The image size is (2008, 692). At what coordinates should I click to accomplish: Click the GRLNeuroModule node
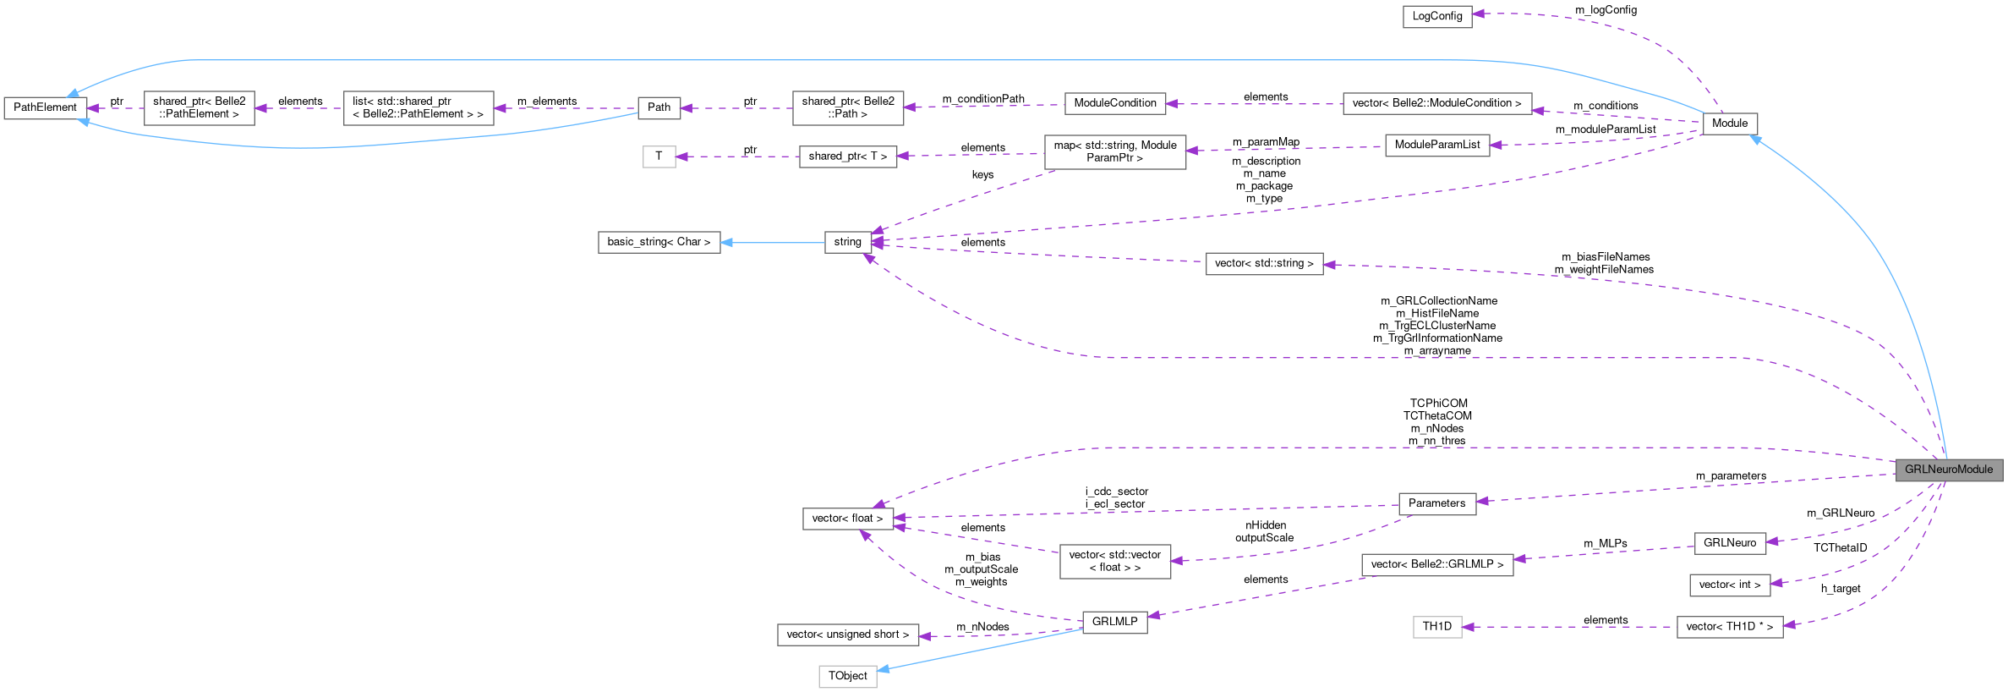(1948, 470)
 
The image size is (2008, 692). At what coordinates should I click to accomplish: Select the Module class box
(1729, 124)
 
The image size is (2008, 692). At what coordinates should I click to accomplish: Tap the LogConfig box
(1436, 17)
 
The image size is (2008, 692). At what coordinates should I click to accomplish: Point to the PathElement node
(45, 108)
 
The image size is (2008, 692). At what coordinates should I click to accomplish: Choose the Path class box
(659, 107)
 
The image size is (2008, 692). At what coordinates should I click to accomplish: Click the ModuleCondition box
(1114, 103)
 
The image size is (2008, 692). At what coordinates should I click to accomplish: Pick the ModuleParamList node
(1436, 146)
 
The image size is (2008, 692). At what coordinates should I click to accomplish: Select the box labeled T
(659, 157)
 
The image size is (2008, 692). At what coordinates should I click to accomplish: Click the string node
(847, 242)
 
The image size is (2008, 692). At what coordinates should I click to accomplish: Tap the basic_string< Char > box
(659, 242)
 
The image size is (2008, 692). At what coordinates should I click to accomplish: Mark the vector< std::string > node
(1263, 264)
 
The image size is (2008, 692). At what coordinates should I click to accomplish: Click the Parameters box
(1436, 503)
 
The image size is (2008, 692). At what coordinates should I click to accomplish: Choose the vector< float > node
(847, 519)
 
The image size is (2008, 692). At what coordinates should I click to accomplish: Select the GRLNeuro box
(1729, 543)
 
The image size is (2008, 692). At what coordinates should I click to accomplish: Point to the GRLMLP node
(1114, 622)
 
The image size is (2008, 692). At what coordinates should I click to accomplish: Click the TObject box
(847, 676)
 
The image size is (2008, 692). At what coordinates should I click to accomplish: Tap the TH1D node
(1436, 627)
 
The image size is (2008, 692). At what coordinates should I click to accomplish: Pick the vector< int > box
(1729, 585)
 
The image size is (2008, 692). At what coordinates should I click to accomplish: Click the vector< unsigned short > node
(847, 634)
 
